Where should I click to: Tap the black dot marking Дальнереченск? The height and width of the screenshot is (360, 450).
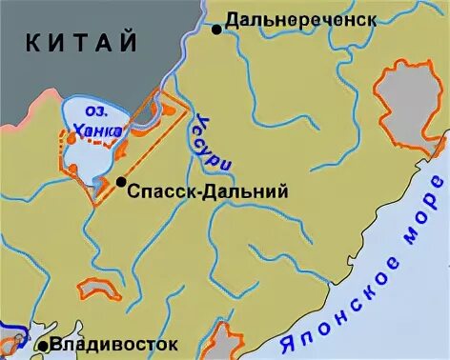[216, 30]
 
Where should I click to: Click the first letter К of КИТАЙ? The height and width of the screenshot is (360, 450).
[34, 43]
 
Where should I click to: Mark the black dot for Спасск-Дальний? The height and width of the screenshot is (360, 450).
[121, 182]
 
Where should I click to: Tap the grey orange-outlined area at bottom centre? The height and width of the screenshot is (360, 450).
[221, 341]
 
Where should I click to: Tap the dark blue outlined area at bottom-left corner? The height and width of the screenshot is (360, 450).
[11, 340]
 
